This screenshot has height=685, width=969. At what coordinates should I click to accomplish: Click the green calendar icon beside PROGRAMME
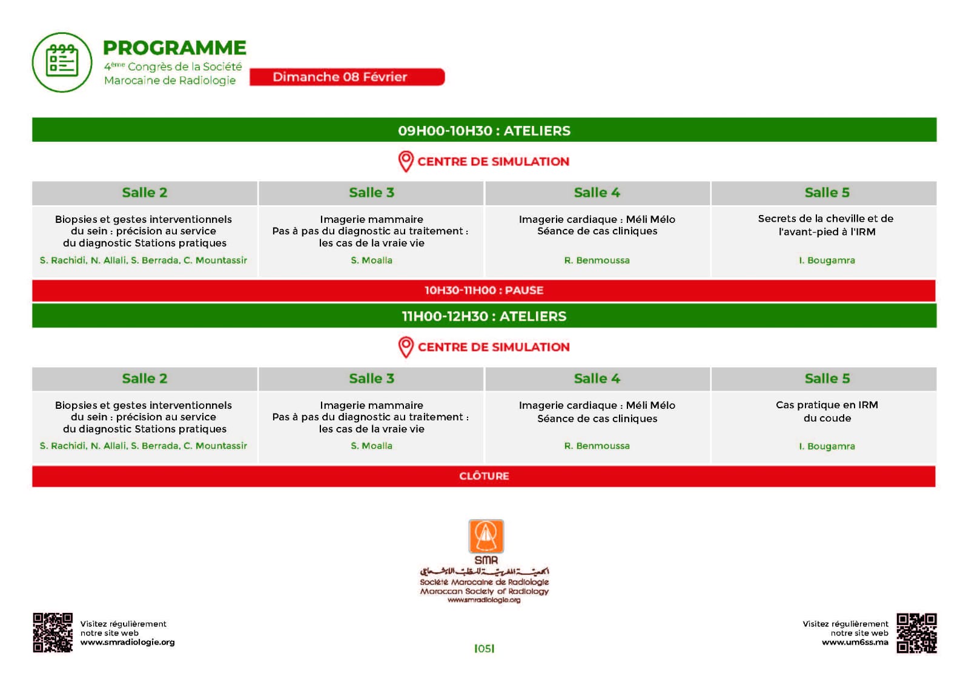coord(62,62)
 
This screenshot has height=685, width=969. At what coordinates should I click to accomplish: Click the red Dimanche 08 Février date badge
coord(347,77)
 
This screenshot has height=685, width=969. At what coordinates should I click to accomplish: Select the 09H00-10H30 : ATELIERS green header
coord(484,130)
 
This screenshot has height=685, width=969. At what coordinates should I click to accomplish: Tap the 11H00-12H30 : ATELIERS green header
coord(484,316)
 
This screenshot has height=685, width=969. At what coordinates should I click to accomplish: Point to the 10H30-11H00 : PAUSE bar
coord(484,290)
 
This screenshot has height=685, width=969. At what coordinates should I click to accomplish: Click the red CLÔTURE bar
coord(484,476)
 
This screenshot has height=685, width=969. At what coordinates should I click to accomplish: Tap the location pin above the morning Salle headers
coord(406,161)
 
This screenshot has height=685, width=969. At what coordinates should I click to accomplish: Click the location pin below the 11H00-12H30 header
coord(406,347)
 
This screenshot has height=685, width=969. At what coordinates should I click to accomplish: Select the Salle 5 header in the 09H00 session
coord(827,193)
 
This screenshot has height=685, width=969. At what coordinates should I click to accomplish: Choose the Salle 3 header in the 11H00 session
coord(371,379)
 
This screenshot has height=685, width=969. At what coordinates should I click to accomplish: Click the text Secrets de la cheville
coord(825,219)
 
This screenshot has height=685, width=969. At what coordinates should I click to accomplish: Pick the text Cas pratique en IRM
coord(827,405)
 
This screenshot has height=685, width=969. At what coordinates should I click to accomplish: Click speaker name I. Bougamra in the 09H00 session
coord(827,260)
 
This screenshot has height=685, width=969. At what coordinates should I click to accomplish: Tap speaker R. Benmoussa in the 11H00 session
coord(597,446)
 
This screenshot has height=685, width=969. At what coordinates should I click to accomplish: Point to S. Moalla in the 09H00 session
coord(371,260)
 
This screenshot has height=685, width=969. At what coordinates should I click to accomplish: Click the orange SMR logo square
coord(486,537)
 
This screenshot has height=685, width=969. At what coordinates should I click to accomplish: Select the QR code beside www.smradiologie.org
coord(53,632)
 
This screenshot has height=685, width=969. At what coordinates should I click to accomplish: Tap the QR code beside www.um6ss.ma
coord(916,633)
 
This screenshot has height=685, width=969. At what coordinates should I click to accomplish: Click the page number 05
coord(484,649)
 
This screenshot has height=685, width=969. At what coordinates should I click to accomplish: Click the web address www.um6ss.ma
coord(855,642)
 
